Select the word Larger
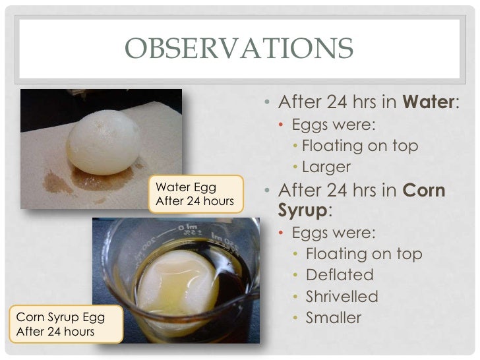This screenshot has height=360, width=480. click(326, 167)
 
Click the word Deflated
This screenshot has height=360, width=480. click(340, 275)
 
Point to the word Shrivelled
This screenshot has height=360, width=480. click(342, 297)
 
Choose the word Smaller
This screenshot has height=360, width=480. click(334, 318)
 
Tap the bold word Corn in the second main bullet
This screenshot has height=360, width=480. click(424, 191)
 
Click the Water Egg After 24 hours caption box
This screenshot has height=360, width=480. click(195, 194)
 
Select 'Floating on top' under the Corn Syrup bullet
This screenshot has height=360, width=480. click(364, 254)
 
